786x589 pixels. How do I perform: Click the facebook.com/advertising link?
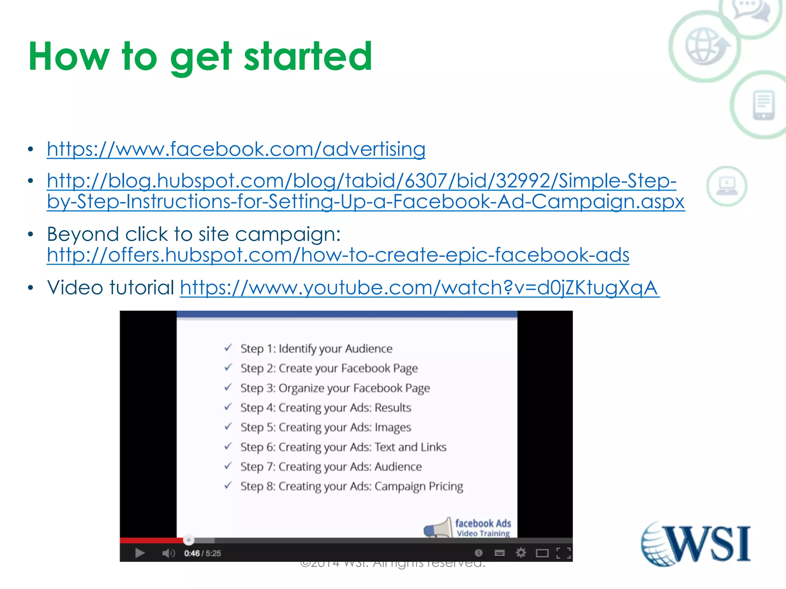[x=236, y=149]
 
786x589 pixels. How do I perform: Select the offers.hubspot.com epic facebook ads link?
[x=338, y=255]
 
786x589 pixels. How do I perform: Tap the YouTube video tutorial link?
[x=419, y=288]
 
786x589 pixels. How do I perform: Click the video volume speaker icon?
[x=168, y=553]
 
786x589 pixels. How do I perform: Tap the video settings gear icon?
[x=520, y=553]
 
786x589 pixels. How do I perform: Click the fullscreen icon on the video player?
[x=563, y=553]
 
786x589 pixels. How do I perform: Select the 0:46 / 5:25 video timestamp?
[x=202, y=553]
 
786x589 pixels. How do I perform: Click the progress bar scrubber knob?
[x=188, y=540]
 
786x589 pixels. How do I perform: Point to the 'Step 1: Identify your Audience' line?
[x=316, y=349]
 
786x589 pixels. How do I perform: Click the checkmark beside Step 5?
[x=228, y=426]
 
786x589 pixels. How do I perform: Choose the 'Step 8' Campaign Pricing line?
[x=351, y=486]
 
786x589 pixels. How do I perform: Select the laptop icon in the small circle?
[x=727, y=186]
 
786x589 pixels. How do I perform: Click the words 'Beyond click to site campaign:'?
[x=194, y=234]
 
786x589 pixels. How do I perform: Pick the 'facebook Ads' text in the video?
[x=483, y=523]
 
